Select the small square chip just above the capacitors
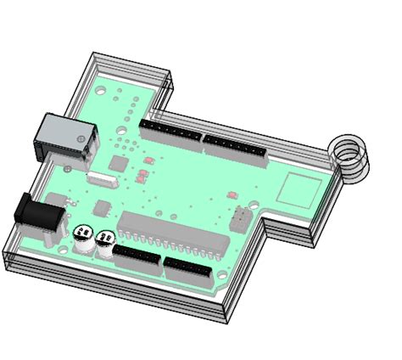pyautogui.click(x=102, y=206)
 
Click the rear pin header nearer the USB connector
pyautogui.click(x=170, y=130)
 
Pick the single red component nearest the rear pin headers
pyautogui.click(x=149, y=160)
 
